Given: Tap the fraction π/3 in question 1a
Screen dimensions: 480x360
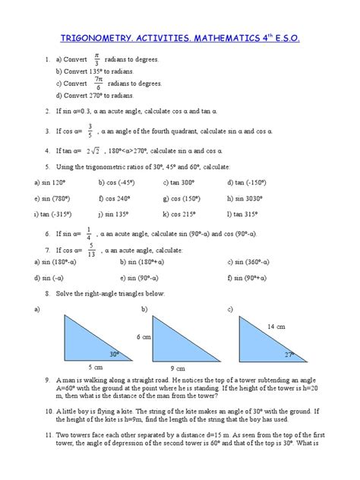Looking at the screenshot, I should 96,59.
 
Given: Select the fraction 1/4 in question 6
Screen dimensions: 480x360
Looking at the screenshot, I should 89,233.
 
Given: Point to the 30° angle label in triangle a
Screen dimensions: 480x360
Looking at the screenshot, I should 115,353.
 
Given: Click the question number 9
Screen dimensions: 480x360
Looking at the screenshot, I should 47,379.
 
